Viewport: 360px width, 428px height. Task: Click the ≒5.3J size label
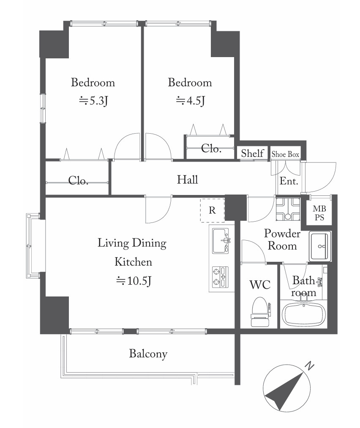click(x=93, y=101)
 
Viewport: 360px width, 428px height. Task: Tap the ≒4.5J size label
click(x=191, y=101)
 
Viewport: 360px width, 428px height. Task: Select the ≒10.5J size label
click(x=134, y=280)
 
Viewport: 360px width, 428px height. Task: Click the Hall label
click(x=187, y=180)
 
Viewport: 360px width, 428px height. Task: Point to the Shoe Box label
click(x=285, y=154)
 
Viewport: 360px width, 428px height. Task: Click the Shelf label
click(x=252, y=153)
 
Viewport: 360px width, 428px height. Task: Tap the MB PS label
click(x=319, y=213)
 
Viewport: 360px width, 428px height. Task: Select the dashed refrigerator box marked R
click(x=212, y=210)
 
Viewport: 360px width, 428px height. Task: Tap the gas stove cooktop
click(x=221, y=277)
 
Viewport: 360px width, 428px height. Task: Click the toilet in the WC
click(x=261, y=312)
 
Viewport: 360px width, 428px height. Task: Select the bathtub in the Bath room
click(x=303, y=314)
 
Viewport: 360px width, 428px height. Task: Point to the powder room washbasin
click(x=320, y=246)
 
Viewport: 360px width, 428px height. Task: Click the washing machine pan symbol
click(x=288, y=209)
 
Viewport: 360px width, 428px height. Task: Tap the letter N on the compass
click(x=309, y=365)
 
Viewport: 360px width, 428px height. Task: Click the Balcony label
click(x=148, y=354)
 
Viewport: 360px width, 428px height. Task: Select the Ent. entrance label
click(x=289, y=181)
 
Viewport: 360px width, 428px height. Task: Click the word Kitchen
click(x=133, y=262)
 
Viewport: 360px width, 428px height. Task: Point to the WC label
click(x=260, y=285)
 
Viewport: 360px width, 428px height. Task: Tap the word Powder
click(x=282, y=233)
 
